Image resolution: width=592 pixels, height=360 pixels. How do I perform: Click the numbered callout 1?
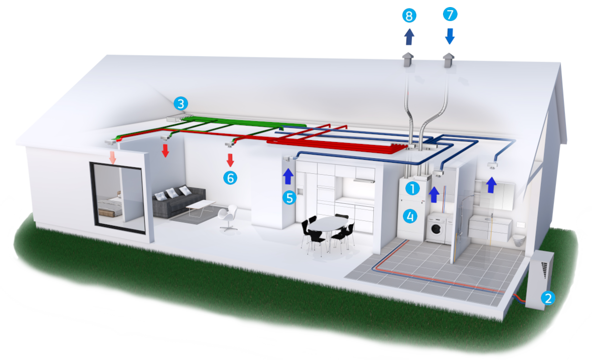point(412,188)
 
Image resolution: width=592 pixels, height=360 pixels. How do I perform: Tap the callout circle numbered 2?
point(548,298)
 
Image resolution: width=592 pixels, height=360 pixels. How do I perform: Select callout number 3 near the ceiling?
point(181,103)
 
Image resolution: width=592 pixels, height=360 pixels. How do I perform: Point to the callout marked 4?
point(410,216)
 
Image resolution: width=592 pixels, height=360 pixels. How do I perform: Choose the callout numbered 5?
point(289,198)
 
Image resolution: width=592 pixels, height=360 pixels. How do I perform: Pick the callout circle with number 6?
point(230,178)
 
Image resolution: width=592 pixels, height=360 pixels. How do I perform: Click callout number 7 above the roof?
point(450,15)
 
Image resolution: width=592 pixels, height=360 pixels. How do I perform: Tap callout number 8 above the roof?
point(409,16)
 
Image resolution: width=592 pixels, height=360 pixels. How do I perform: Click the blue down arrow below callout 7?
point(450,36)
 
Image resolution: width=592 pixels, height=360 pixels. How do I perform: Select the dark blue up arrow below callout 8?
point(409,37)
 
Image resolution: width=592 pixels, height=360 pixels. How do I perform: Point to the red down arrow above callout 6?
point(230,160)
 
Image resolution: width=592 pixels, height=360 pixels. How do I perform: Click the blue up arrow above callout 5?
point(288,176)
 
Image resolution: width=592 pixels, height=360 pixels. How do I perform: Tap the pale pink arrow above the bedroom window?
point(112,158)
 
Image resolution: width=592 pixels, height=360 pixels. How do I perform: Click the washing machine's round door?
point(436,229)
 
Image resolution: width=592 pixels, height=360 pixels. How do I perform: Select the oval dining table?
point(327,224)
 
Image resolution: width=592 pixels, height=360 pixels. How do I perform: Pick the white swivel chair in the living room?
point(228,217)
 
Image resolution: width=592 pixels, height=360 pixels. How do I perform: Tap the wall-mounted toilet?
point(519,241)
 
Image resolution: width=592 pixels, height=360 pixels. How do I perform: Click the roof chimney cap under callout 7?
point(448,60)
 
